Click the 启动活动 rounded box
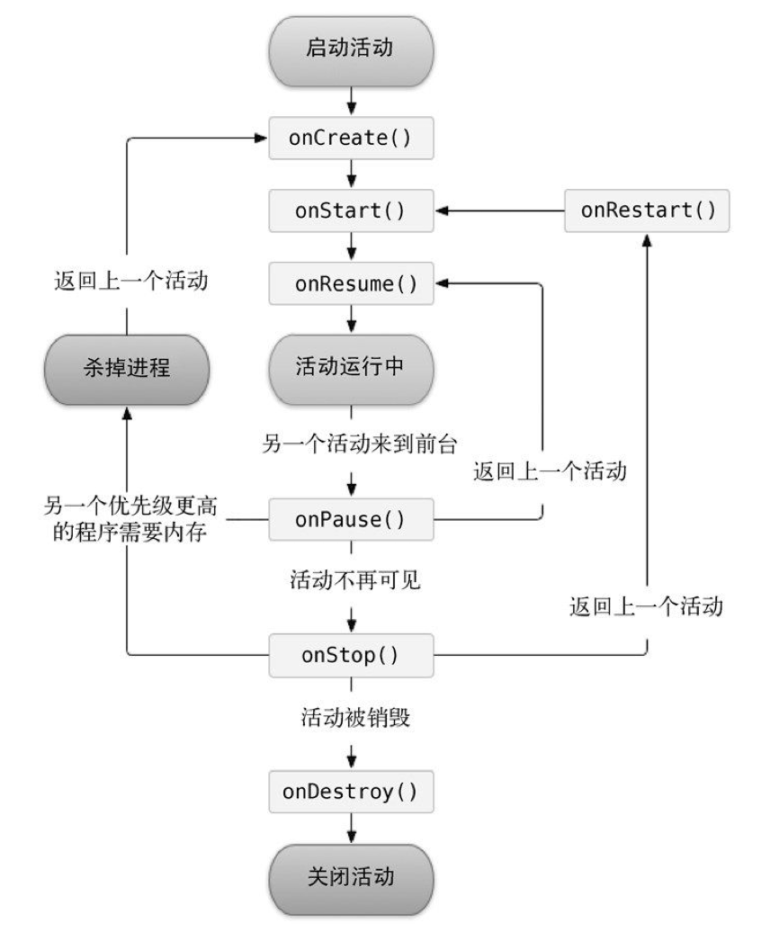pos(351,47)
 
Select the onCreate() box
pos(351,139)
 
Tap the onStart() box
pos(351,212)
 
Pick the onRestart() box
pos(647,211)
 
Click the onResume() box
pos(351,284)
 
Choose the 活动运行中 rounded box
pos(351,368)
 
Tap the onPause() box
pos(351,520)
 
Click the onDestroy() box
pos(351,792)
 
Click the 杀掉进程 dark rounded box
pos(127,368)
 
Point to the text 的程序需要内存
pos(127,533)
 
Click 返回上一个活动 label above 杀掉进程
pos(127,281)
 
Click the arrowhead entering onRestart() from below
pos(647,239)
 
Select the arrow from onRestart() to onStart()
pos(499,212)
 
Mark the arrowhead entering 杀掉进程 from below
pos(127,411)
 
